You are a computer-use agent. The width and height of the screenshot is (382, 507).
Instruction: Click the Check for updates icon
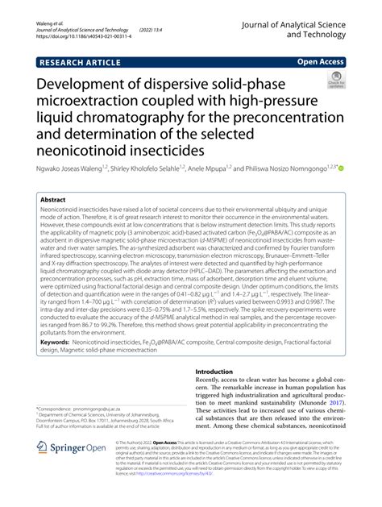333,81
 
